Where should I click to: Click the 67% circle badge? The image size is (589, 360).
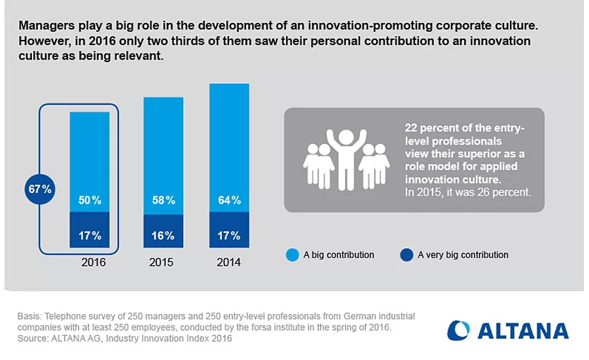coord(40,190)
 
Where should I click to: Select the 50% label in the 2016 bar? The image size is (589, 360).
coord(90,200)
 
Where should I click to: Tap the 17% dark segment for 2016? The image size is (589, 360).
coord(90,235)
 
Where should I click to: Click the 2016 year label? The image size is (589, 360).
coord(93,262)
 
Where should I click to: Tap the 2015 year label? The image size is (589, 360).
coord(161,262)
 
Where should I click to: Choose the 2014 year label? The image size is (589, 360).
coord(228,262)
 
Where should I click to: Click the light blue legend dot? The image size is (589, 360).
coord(293,255)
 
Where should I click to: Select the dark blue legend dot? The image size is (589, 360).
coord(406,255)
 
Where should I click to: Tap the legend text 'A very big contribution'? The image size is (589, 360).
coord(463,255)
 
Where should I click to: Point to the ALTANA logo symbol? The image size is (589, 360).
coord(459,331)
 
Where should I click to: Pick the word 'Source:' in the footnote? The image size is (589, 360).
coord(33,338)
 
